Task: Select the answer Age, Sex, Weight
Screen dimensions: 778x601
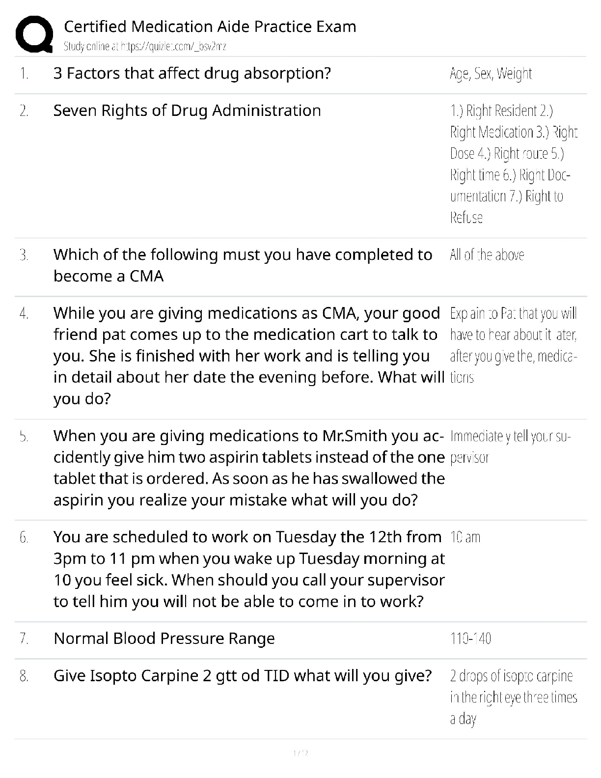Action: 491,74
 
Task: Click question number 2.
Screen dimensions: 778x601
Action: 24,111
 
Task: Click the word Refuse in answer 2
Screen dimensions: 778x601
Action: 466,218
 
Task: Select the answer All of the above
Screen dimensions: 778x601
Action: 487,255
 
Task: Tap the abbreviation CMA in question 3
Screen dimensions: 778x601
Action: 146,277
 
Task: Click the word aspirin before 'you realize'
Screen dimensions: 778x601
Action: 78,500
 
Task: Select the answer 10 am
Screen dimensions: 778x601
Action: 465,537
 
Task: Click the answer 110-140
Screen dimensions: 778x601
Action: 470,639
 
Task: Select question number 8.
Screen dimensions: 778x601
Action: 24,676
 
